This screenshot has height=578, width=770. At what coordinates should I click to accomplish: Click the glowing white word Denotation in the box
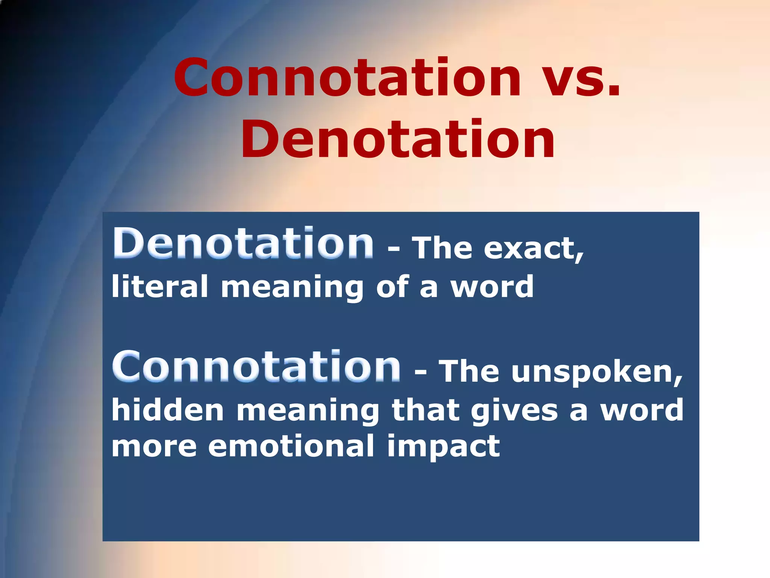243,243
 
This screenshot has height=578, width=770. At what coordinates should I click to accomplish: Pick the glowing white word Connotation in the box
256,367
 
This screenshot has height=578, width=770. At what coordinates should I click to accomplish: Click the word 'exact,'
534,249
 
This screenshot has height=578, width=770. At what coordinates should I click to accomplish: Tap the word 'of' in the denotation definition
392,286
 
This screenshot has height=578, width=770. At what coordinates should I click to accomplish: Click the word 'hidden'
168,410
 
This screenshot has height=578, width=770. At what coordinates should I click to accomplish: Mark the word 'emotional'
291,446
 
